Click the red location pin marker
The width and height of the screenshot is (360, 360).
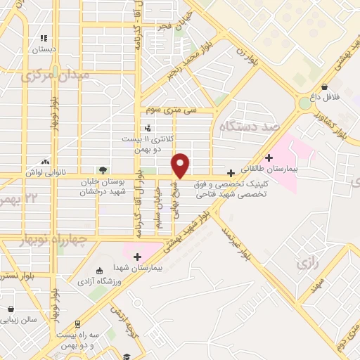tap(181, 165)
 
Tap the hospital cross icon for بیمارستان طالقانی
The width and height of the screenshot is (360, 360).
tap(269, 157)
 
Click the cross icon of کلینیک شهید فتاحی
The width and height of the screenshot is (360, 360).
tap(231, 173)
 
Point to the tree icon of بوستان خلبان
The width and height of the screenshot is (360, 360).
tap(103, 170)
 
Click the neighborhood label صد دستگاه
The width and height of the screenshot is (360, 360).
tap(249, 127)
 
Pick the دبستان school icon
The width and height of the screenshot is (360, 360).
tap(44, 38)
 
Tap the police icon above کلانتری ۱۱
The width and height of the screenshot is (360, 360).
tap(147, 128)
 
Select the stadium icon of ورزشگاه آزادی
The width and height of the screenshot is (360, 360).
tap(98, 271)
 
